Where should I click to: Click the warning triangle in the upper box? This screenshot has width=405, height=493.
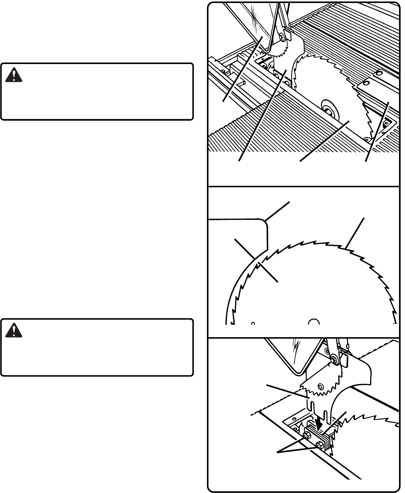(14, 75)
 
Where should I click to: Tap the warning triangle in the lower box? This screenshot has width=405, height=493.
(14, 331)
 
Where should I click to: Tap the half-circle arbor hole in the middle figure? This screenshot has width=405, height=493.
(314, 322)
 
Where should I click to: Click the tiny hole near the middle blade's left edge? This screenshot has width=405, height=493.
(253, 323)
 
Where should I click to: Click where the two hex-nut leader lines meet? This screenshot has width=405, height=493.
(279, 452)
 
